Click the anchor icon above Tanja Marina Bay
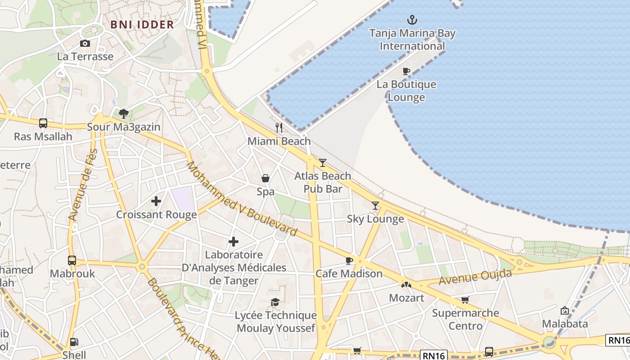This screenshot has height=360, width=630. pyautogui.click(x=412, y=20)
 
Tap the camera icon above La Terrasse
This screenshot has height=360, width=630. pyautogui.click(x=85, y=43)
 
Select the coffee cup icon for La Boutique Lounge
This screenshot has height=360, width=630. pyautogui.click(x=406, y=71)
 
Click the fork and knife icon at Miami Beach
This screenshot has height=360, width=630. pyautogui.click(x=279, y=128)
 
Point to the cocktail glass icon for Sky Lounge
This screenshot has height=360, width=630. pyautogui.click(x=375, y=206)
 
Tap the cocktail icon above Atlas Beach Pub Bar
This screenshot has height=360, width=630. pyautogui.click(x=323, y=162)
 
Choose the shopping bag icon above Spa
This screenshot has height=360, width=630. pyautogui.click(x=265, y=179)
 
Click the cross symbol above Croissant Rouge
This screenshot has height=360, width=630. pyautogui.click(x=156, y=201)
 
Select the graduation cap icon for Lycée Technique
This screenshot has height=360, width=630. pyautogui.click(x=275, y=302)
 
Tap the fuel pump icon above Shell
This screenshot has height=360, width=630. pyautogui.click(x=74, y=342)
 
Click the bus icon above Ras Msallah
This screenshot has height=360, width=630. pyautogui.click(x=43, y=123)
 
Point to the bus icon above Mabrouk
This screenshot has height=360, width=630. pyautogui.click(x=72, y=260)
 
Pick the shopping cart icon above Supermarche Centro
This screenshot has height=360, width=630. pyautogui.click(x=465, y=300)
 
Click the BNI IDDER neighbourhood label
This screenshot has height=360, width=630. pyautogui.click(x=142, y=25)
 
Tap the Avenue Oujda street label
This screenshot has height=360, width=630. pyautogui.click(x=476, y=276)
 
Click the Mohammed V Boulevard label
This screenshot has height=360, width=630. pyautogui.click(x=242, y=199)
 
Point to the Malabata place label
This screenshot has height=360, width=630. pyautogui.click(x=565, y=324)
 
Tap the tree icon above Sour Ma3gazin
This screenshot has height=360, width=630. pyautogui.click(x=124, y=113)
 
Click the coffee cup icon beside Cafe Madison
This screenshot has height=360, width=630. pyautogui.click(x=349, y=261)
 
